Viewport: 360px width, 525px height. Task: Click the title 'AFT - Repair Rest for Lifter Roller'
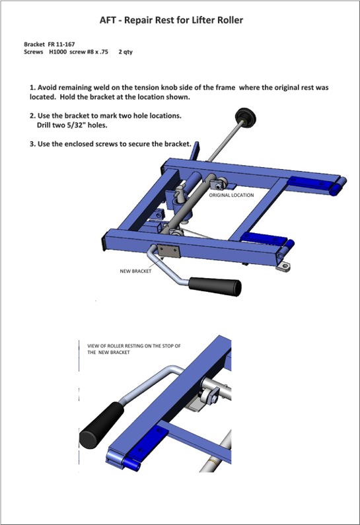(171, 20)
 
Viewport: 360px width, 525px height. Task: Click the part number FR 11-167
(61, 44)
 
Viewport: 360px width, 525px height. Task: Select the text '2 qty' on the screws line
(126, 52)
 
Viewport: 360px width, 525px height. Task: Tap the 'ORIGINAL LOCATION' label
(231, 195)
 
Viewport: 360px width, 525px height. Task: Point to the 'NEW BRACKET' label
(135, 271)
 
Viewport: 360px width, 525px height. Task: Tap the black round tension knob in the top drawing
(246, 117)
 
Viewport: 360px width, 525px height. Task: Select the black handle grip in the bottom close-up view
(102, 425)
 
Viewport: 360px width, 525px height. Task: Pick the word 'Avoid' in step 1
(46, 88)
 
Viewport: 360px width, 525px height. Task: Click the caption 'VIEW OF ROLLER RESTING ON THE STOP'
(134, 346)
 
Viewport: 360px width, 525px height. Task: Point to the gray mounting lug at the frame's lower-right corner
(283, 266)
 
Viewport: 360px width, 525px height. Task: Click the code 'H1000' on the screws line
(58, 52)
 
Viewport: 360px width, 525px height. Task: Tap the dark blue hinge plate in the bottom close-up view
(146, 444)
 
